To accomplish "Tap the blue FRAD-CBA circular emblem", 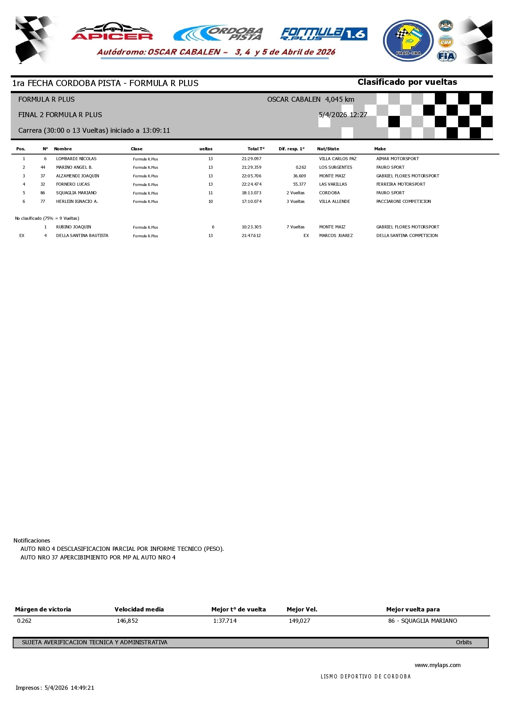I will coord(408,41).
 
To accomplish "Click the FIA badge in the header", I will coord(446,56).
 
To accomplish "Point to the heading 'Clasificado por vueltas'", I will coord(407,82).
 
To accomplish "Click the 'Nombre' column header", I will coord(63,149).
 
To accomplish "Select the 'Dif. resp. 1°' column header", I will coord(291,149).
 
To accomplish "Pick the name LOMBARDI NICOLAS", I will coord(77,159).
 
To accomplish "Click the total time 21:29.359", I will coord(251,167).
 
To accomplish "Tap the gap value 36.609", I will coord(299,176).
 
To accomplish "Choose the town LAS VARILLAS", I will coord(333,184).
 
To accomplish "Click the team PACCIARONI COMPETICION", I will coord(404,201).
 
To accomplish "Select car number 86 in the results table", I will coord(43,193).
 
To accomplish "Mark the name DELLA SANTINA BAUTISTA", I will coord(82,235).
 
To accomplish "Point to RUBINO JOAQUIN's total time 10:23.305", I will coord(251,227).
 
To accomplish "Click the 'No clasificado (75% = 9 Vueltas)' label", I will coord(47,218).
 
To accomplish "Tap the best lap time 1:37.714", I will coord(225,621).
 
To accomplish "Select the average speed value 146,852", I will coord(128,621).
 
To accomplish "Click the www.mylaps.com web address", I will coord(437,665).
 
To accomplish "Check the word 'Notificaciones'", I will coord(32,540).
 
